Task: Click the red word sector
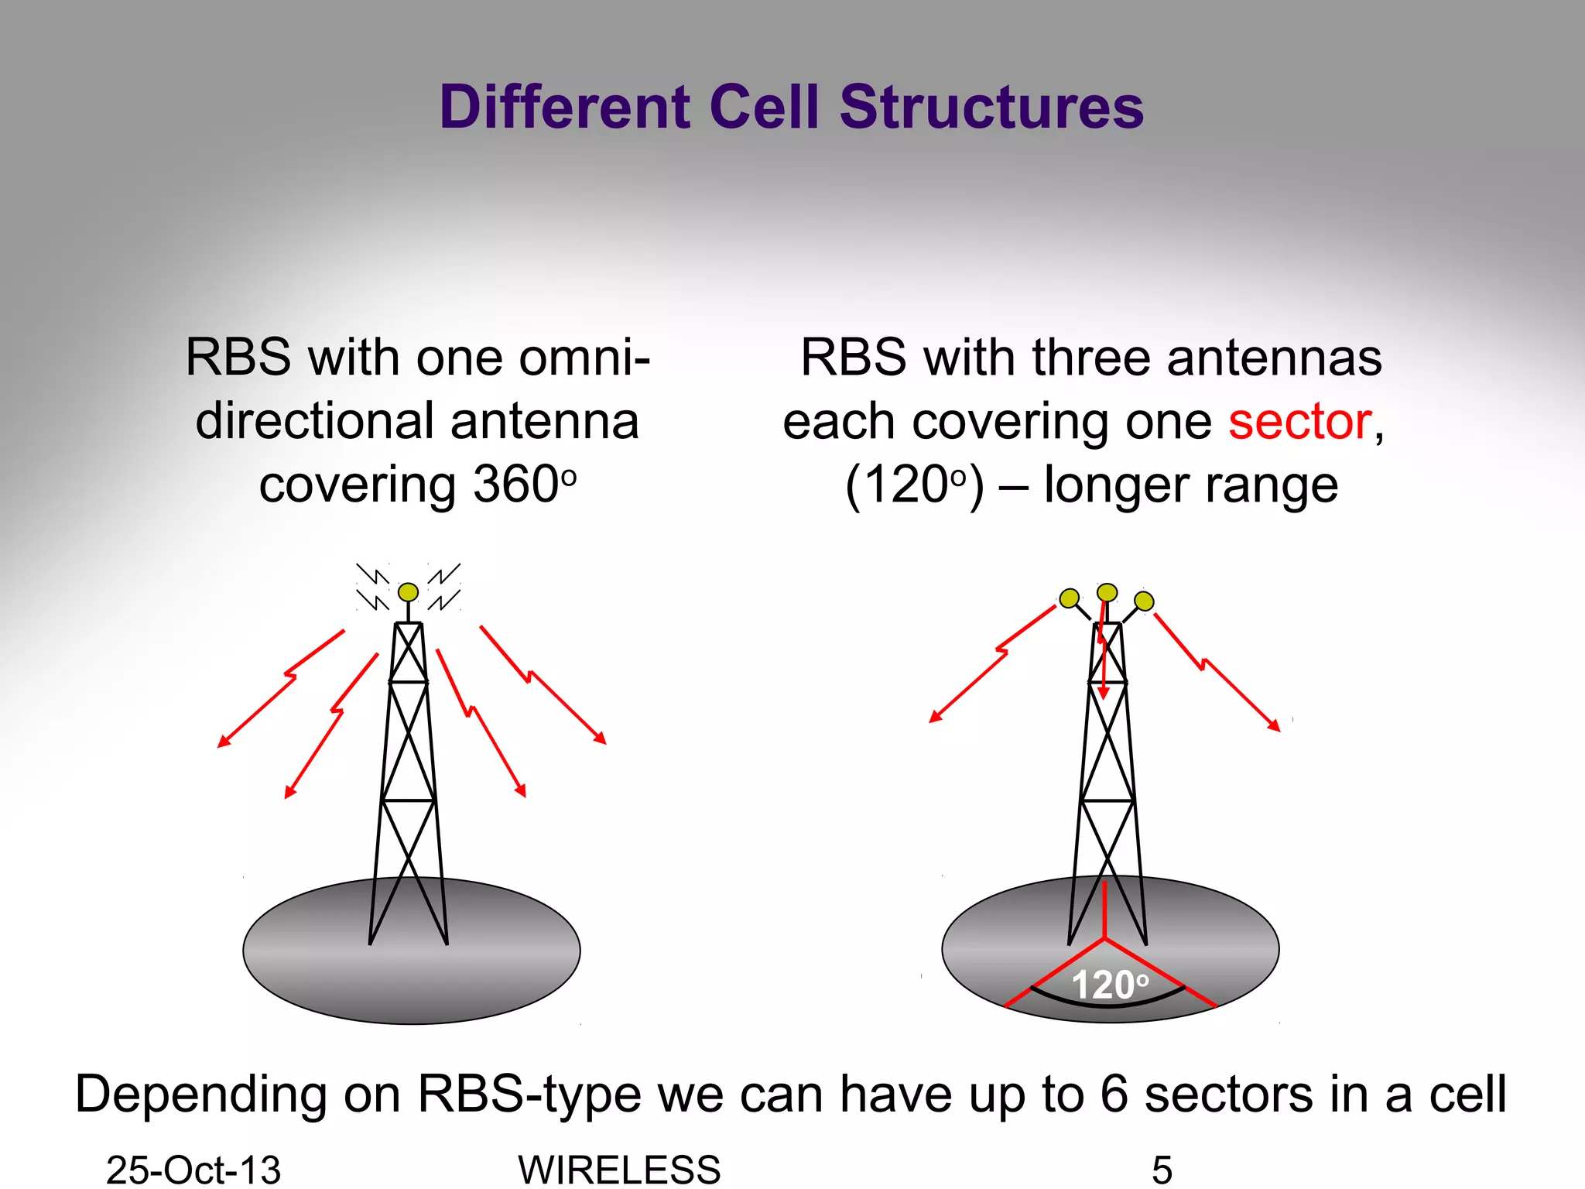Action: (x=1300, y=422)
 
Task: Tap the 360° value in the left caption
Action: (x=523, y=485)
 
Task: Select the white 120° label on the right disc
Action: (x=1108, y=985)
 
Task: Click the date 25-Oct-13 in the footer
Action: (x=193, y=1169)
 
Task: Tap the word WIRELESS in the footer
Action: (x=619, y=1169)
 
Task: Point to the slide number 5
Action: (x=1162, y=1169)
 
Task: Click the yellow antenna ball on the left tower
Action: (x=408, y=592)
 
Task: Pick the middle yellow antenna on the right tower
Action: (x=1107, y=593)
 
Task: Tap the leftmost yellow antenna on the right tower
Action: (x=1070, y=598)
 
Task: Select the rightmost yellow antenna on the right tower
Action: (x=1144, y=601)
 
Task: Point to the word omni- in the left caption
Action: (x=584, y=358)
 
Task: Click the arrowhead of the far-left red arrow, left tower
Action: (x=222, y=743)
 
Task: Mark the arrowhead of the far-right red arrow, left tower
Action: (x=601, y=739)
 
